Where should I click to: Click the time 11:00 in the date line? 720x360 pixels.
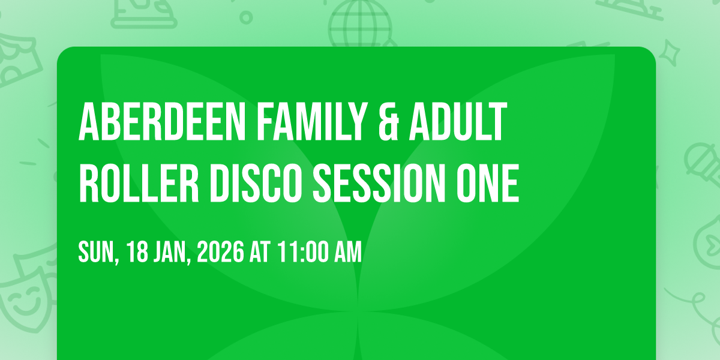[301, 253]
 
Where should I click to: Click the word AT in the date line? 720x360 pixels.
[261, 253]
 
